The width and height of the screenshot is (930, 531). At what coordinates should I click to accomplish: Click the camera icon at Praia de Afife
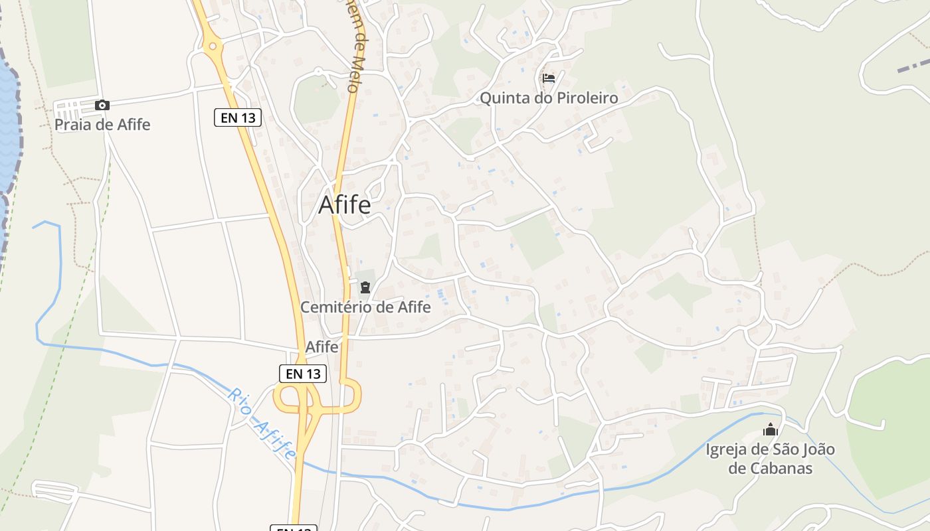click(102, 105)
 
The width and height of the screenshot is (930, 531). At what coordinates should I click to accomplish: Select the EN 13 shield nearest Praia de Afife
click(238, 118)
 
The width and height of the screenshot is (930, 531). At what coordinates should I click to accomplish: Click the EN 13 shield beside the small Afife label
click(303, 374)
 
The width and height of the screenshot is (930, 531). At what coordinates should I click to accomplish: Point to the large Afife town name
click(345, 204)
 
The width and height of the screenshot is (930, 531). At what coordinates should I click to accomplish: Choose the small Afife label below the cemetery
click(322, 347)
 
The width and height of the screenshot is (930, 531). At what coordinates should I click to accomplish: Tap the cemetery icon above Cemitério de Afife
click(365, 287)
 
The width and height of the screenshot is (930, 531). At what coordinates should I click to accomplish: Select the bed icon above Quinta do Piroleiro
click(549, 78)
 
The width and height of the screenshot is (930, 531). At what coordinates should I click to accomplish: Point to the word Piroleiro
click(585, 98)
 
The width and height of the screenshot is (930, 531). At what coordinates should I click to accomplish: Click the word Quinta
click(504, 98)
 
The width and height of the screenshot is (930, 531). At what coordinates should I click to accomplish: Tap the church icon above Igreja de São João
click(771, 429)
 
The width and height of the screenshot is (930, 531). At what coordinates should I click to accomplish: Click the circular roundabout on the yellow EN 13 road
click(213, 46)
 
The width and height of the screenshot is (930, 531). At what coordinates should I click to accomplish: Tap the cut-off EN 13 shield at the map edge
click(293, 528)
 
